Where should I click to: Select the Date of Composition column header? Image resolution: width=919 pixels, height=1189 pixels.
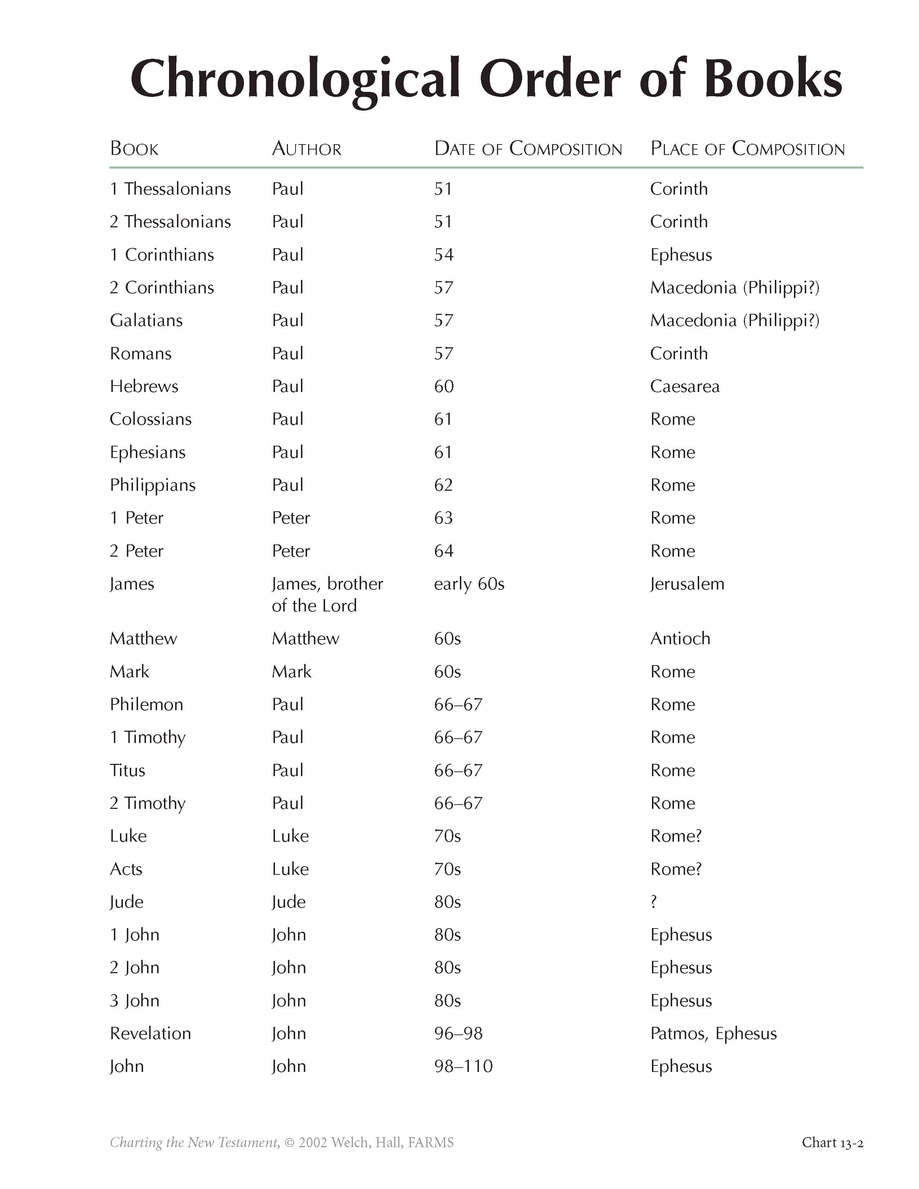(x=528, y=148)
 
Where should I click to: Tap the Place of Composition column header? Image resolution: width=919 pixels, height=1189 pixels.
(x=747, y=148)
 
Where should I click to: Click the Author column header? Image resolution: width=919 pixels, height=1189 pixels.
(x=307, y=148)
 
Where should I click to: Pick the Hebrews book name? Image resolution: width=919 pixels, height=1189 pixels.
(x=144, y=387)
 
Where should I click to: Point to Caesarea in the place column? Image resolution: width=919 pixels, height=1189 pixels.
(x=684, y=387)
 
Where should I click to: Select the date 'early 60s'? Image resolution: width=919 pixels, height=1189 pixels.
(x=469, y=584)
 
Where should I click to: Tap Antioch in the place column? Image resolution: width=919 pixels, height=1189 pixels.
(x=680, y=638)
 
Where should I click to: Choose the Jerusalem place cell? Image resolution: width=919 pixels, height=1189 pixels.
(x=687, y=584)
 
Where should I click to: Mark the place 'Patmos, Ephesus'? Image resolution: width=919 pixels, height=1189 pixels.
(x=713, y=1034)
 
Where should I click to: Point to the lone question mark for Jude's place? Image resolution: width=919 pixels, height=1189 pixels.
(x=654, y=902)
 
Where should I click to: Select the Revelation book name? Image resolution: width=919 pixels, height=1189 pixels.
(x=150, y=1034)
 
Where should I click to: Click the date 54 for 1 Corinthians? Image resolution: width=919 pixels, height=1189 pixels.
(x=444, y=255)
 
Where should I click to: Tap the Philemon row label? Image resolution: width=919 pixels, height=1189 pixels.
(x=146, y=704)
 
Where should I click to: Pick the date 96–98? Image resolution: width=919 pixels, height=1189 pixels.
(x=458, y=1034)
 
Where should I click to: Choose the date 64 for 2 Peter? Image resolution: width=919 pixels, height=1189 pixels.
(x=444, y=551)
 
